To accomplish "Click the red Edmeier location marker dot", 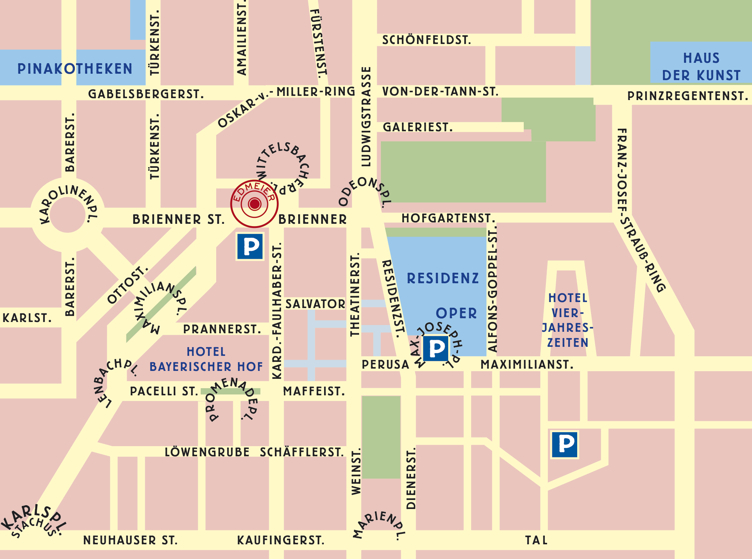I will tap(255, 204).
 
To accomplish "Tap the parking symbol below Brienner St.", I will tap(250, 246).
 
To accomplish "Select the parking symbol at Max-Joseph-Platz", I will tap(436, 348).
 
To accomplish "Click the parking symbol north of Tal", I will tap(565, 445).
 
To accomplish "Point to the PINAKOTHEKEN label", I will tap(75, 69).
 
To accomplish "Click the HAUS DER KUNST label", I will tap(701, 67).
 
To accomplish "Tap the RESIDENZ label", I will tap(443, 279).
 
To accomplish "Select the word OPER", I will tap(456, 313).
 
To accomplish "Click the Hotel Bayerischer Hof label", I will tap(206, 359).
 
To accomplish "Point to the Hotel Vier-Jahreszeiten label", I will tap(567, 320).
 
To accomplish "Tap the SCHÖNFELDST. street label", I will tap(426, 40).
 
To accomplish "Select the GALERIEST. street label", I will tap(417, 127).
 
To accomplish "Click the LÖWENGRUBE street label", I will tap(207, 452).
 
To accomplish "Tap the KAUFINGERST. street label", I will tap(280, 540).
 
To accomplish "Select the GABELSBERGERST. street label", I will tap(146, 94).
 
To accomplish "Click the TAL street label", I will tap(536, 540).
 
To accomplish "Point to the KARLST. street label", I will tap(27, 318).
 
